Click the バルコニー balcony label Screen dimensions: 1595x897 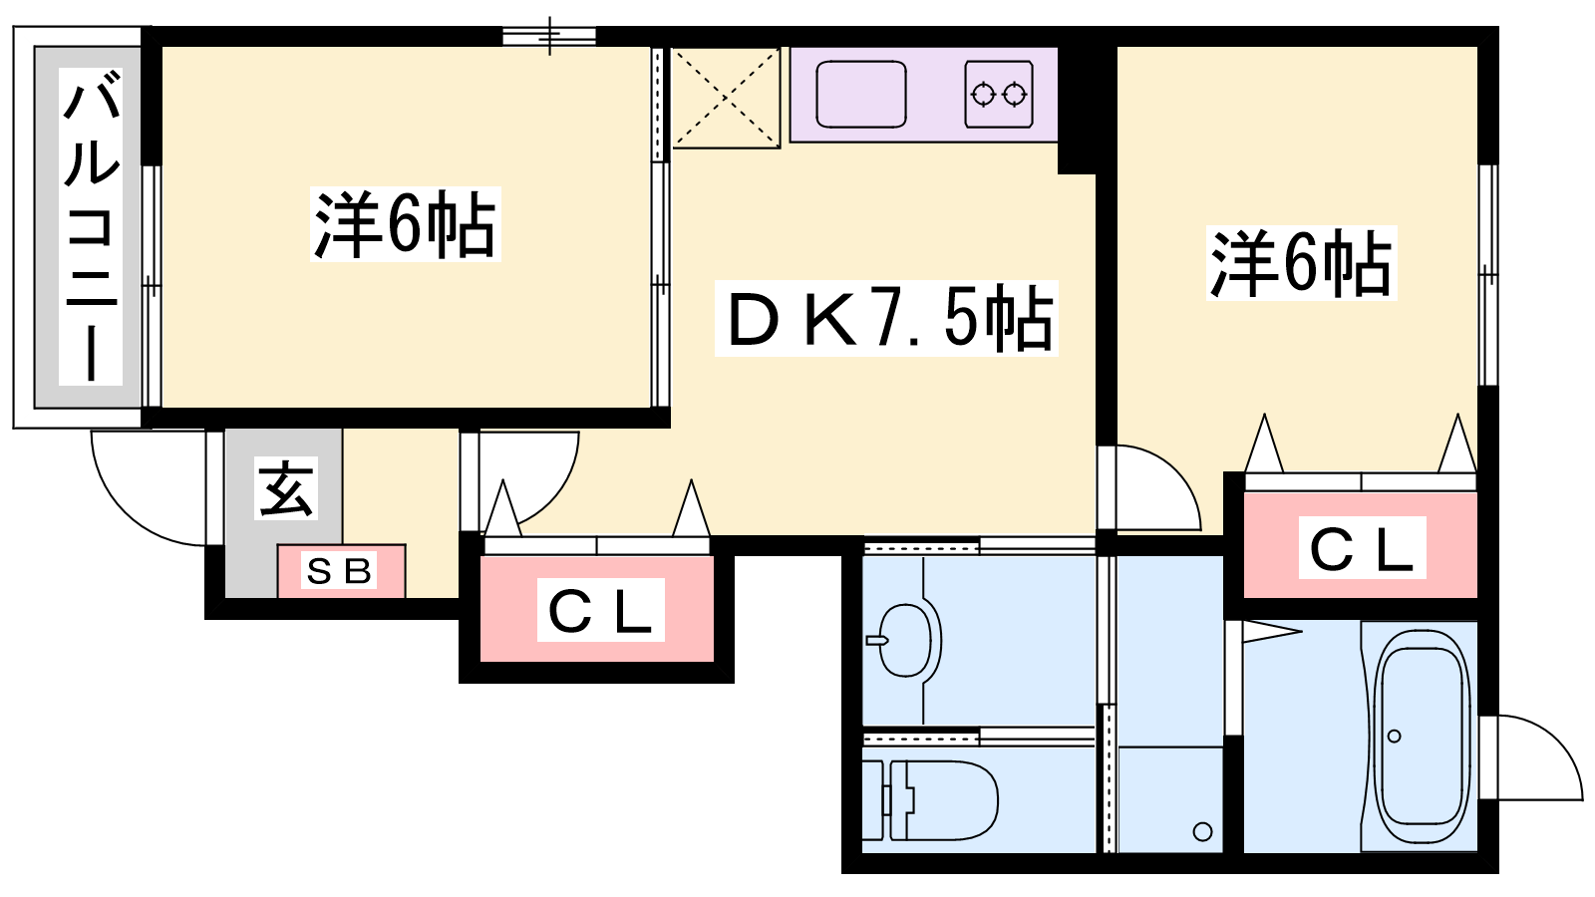[x=91, y=226]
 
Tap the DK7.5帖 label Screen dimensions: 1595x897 [x=886, y=318]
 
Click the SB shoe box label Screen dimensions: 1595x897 [x=339, y=571]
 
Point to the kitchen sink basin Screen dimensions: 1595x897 [x=861, y=95]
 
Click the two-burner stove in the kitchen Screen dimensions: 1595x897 [x=999, y=95]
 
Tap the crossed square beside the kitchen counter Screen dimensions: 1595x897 [x=726, y=98]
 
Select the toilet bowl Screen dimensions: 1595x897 [x=930, y=799]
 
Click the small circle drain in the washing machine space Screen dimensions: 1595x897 [x=1202, y=831]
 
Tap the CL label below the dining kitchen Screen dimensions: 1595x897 [x=600, y=610]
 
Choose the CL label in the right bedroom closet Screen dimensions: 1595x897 [x=1362, y=547]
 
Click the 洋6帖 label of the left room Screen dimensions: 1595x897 [x=405, y=224]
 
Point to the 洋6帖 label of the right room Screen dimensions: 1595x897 [x=1302, y=263]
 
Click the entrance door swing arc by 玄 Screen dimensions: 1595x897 [x=149, y=488]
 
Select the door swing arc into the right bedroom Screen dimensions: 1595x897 [x=1158, y=488]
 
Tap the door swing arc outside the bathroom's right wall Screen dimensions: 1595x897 [x=1538, y=757]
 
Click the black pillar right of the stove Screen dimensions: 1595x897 [x=1077, y=111]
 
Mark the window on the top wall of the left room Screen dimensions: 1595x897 [x=549, y=36]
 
